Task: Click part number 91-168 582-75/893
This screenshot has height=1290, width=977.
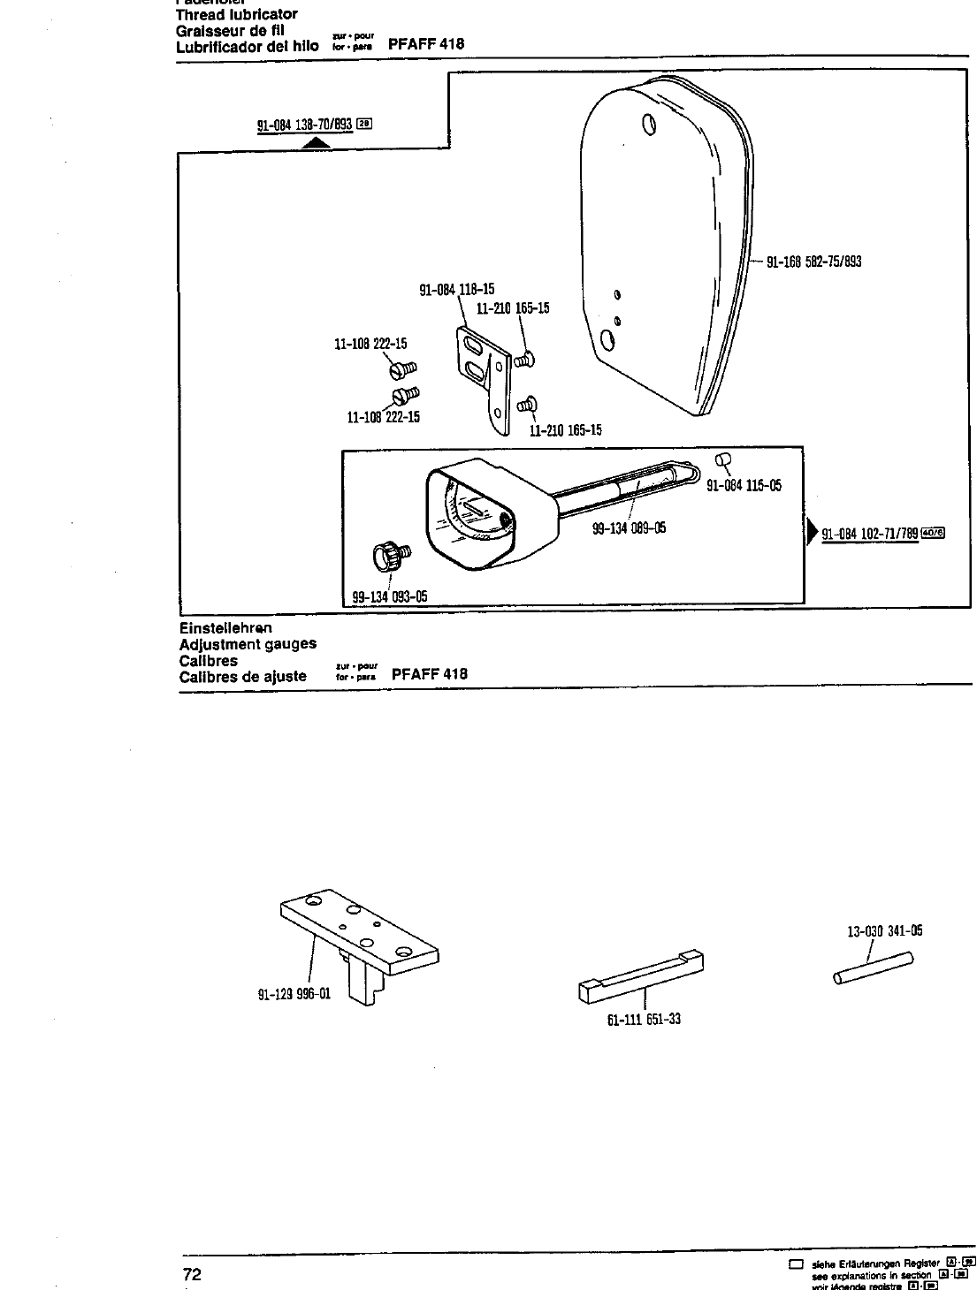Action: pos(813,262)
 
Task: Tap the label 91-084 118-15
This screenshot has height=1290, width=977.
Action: pos(456,289)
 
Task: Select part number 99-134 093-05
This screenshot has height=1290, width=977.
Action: pos(390,596)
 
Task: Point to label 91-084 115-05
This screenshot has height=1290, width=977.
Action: pos(744,485)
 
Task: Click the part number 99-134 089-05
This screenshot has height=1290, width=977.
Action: pos(629,528)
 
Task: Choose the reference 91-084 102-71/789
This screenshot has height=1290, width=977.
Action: pos(870,534)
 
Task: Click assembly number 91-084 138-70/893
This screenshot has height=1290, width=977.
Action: pos(304,125)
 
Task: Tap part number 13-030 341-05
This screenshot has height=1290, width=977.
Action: pos(884,930)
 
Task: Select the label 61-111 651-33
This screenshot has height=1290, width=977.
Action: pos(644,1019)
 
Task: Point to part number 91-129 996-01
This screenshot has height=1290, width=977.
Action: pos(294,993)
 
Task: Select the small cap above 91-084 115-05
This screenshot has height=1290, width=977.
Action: pos(721,459)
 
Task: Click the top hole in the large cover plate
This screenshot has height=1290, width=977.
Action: pos(650,124)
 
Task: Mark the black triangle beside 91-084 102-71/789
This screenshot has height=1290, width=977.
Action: pos(812,533)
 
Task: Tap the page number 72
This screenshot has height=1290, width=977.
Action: pos(192,1274)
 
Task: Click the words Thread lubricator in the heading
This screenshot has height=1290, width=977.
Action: pos(236,14)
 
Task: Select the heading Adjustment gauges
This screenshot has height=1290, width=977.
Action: pos(248,644)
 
